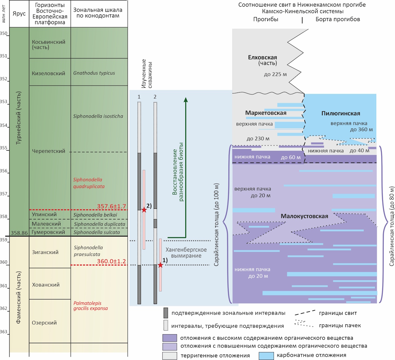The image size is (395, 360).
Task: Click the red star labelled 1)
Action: tap(161, 265)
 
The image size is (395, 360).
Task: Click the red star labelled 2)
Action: tap(144, 210)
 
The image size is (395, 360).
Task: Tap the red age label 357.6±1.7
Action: tap(112, 206)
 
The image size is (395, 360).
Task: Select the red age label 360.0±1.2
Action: tap(112, 261)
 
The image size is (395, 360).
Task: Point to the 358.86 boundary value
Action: tap(19, 233)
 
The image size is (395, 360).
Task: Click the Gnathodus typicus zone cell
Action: tap(99, 72)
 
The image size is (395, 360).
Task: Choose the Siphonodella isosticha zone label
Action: tap(98, 116)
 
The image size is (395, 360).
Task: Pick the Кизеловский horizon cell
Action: tap(50, 72)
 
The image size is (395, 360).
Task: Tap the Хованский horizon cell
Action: tap(50, 284)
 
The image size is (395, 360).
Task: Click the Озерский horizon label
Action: tap(44, 322)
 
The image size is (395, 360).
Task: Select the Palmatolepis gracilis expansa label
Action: tap(91, 306)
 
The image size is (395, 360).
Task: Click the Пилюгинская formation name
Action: tap(341, 113)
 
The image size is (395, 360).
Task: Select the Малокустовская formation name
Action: tap(304, 216)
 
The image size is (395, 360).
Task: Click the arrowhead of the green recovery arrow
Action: tap(186, 100)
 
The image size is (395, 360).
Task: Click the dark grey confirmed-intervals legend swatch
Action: tap(166, 313)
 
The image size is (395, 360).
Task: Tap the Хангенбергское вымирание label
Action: tap(186, 253)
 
